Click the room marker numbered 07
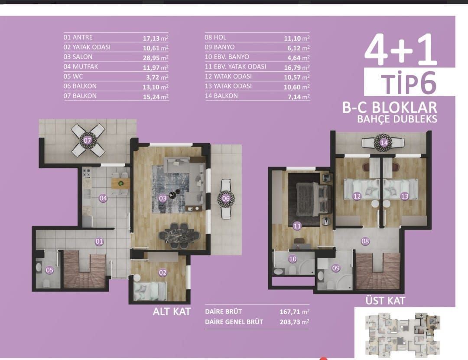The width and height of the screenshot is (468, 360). (x=87, y=141)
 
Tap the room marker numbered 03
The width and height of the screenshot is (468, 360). (x=163, y=199)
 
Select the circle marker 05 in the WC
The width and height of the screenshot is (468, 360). (x=49, y=270)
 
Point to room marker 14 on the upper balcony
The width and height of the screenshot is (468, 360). (x=384, y=142)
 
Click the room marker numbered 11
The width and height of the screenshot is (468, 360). (x=297, y=226)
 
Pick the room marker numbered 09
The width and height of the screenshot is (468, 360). (x=336, y=268)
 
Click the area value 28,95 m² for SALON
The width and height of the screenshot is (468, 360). (x=156, y=57)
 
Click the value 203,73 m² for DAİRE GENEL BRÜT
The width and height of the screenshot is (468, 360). (x=294, y=322)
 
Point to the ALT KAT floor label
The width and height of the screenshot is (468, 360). (x=171, y=311)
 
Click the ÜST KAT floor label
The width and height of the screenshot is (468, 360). (x=385, y=301)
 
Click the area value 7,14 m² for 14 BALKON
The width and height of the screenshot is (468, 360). (x=300, y=96)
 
